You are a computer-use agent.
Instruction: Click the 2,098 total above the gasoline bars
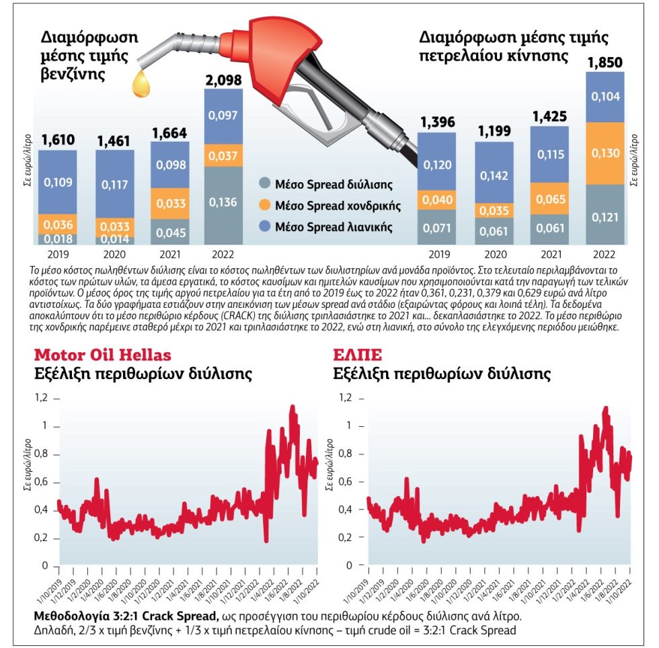click(x=223, y=80)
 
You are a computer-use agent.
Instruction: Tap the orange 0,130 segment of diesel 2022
click(x=605, y=153)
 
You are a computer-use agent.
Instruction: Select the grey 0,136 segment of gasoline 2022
click(x=223, y=206)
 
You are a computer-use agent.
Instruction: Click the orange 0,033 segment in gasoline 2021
click(x=170, y=204)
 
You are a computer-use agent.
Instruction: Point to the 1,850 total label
click(x=605, y=63)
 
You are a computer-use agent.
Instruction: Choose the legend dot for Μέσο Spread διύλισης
click(x=264, y=184)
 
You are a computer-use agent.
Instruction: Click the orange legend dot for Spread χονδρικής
click(x=264, y=204)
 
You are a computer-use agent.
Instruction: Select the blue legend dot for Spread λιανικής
click(x=264, y=226)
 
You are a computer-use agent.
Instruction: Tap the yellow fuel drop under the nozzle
click(x=141, y=83)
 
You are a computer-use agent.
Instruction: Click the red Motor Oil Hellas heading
click(x=102, y=355)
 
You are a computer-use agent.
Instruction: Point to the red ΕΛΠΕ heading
click(x=357, y=355)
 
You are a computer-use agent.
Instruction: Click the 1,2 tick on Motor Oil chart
click(x=41, y=397)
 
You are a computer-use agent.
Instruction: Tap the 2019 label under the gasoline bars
click(x=58, y=254)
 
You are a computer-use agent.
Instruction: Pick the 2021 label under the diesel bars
click(x=551, y=254)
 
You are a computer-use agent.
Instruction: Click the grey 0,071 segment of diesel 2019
click(x=436, y=227)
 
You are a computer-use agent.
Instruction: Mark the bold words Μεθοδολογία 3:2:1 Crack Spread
click(x=126, y=616)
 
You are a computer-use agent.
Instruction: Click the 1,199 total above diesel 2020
click(x=494, y=131)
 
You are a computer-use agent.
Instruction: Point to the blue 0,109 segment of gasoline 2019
click(x=58, y=182)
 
